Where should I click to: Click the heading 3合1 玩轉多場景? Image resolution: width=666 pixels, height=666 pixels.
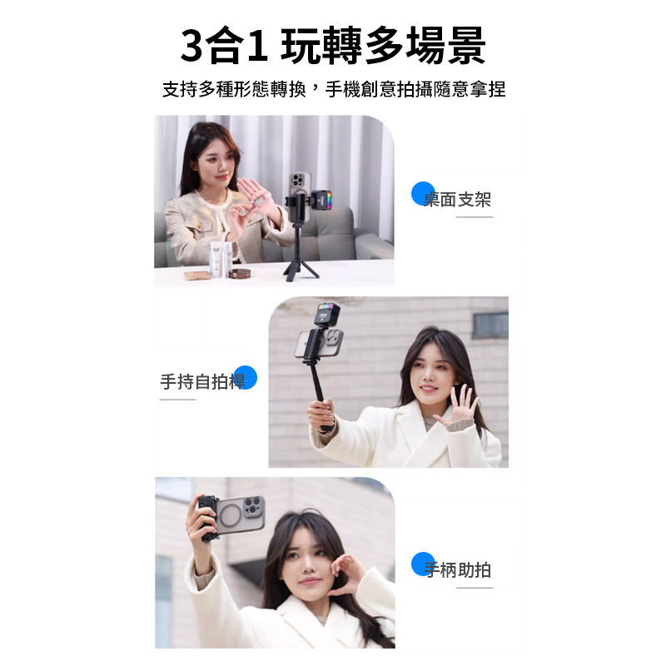pyautogui.click(x=333, y=46)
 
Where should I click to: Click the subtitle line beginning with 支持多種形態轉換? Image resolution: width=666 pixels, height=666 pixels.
pyautogui.click(x=333, y=89)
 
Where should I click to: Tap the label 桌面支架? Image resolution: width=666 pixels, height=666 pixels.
pyautogui.click(x=458, y=200)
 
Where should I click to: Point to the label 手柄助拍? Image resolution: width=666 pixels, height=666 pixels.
pyautogui.click(x=458, y=570)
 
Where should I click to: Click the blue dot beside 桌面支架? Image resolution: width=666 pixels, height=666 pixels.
pyautogui.click(x=424, y=192)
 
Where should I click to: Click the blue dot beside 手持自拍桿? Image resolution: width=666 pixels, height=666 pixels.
pyautogui.click(x=245, y=377)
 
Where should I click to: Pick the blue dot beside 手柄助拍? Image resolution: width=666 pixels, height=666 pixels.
pyautogui.click(x=424, y=564)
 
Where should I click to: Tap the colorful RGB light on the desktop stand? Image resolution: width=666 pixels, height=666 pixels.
pyautogui.click(x=321, y=199)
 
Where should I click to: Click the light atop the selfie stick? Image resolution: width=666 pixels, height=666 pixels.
pyautogui.click(x=325, y=316)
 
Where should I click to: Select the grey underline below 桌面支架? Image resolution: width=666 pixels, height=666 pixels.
pyautogui.click(x=475, y=217)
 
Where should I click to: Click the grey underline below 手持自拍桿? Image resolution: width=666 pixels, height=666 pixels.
pyautogui.click(x=178, y=400)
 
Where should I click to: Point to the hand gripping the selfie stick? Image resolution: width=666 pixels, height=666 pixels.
pyautogui.click(x=321, y=415)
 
